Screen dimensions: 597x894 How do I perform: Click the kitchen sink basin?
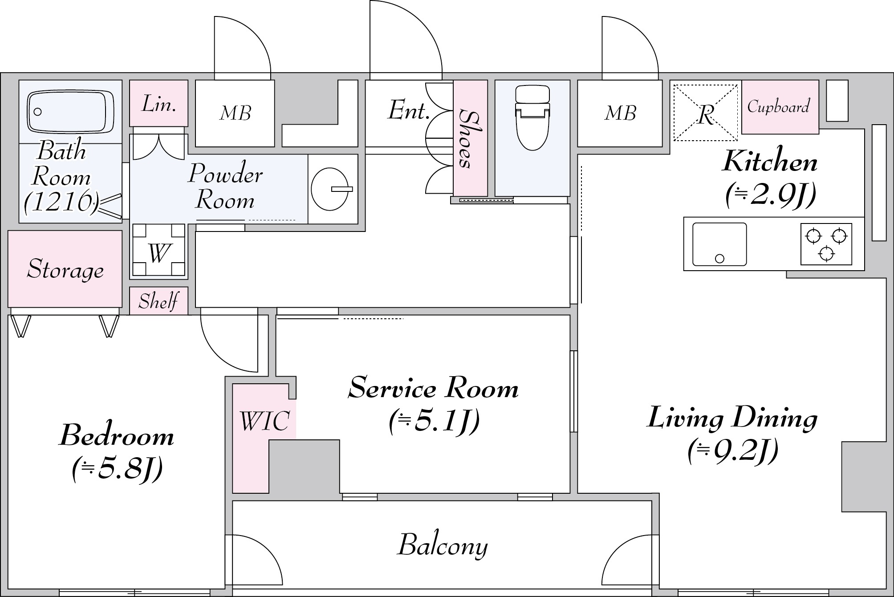(x=719, y=244)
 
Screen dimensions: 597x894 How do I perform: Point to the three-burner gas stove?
(x=826, y=244)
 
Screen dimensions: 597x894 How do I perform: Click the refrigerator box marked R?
(x=706, y=113)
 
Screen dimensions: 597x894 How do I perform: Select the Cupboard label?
(x=779, y=107)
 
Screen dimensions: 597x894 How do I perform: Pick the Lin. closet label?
(x=158, y=104)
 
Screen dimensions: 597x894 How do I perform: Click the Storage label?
(x=65, y=269)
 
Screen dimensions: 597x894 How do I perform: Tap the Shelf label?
(x=158, y=301)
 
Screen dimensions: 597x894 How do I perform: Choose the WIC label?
(x=264, y=420)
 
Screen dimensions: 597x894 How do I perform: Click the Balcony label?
(x=443, y=545)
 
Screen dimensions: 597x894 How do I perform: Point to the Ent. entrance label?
(x=408, y=110)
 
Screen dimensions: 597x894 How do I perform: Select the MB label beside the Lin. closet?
(x=236, y=113)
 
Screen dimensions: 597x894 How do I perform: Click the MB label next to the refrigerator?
(x=621, y=113)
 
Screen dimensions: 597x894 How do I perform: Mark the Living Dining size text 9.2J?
(x=733, y=451)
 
